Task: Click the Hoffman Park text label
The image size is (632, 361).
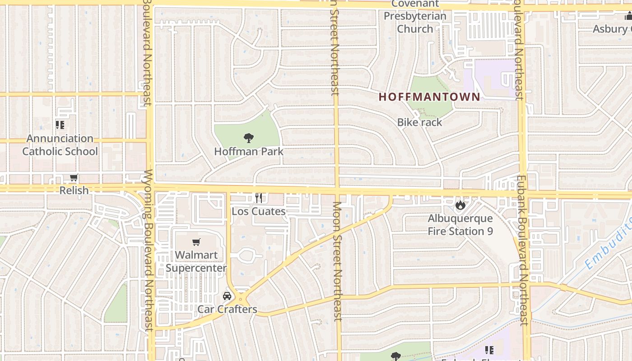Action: coord(249,151)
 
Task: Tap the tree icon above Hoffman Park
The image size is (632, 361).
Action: coord(248,138)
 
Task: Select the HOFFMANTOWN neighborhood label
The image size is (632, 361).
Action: coord(429,97)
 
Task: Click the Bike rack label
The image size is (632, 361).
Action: coord(419,122)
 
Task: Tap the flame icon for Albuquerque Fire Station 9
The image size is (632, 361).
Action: coord(460,205)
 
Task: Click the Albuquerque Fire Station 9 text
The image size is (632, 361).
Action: coord(460,225)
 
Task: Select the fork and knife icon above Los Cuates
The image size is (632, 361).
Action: coord(259,198)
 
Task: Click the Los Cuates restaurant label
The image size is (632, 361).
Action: coord(259,211)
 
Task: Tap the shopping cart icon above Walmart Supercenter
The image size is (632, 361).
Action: coord(196,242)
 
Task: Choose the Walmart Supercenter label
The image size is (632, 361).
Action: coord(196,261)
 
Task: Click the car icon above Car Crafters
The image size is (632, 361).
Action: coord(227,296)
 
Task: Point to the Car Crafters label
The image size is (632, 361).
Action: coord(227,309)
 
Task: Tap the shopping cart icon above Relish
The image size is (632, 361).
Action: coord(74,178)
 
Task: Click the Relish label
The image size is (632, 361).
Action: coord(74,190)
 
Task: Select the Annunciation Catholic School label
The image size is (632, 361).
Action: coord(60,145)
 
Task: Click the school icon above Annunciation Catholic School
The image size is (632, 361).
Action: coord(60,125)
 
